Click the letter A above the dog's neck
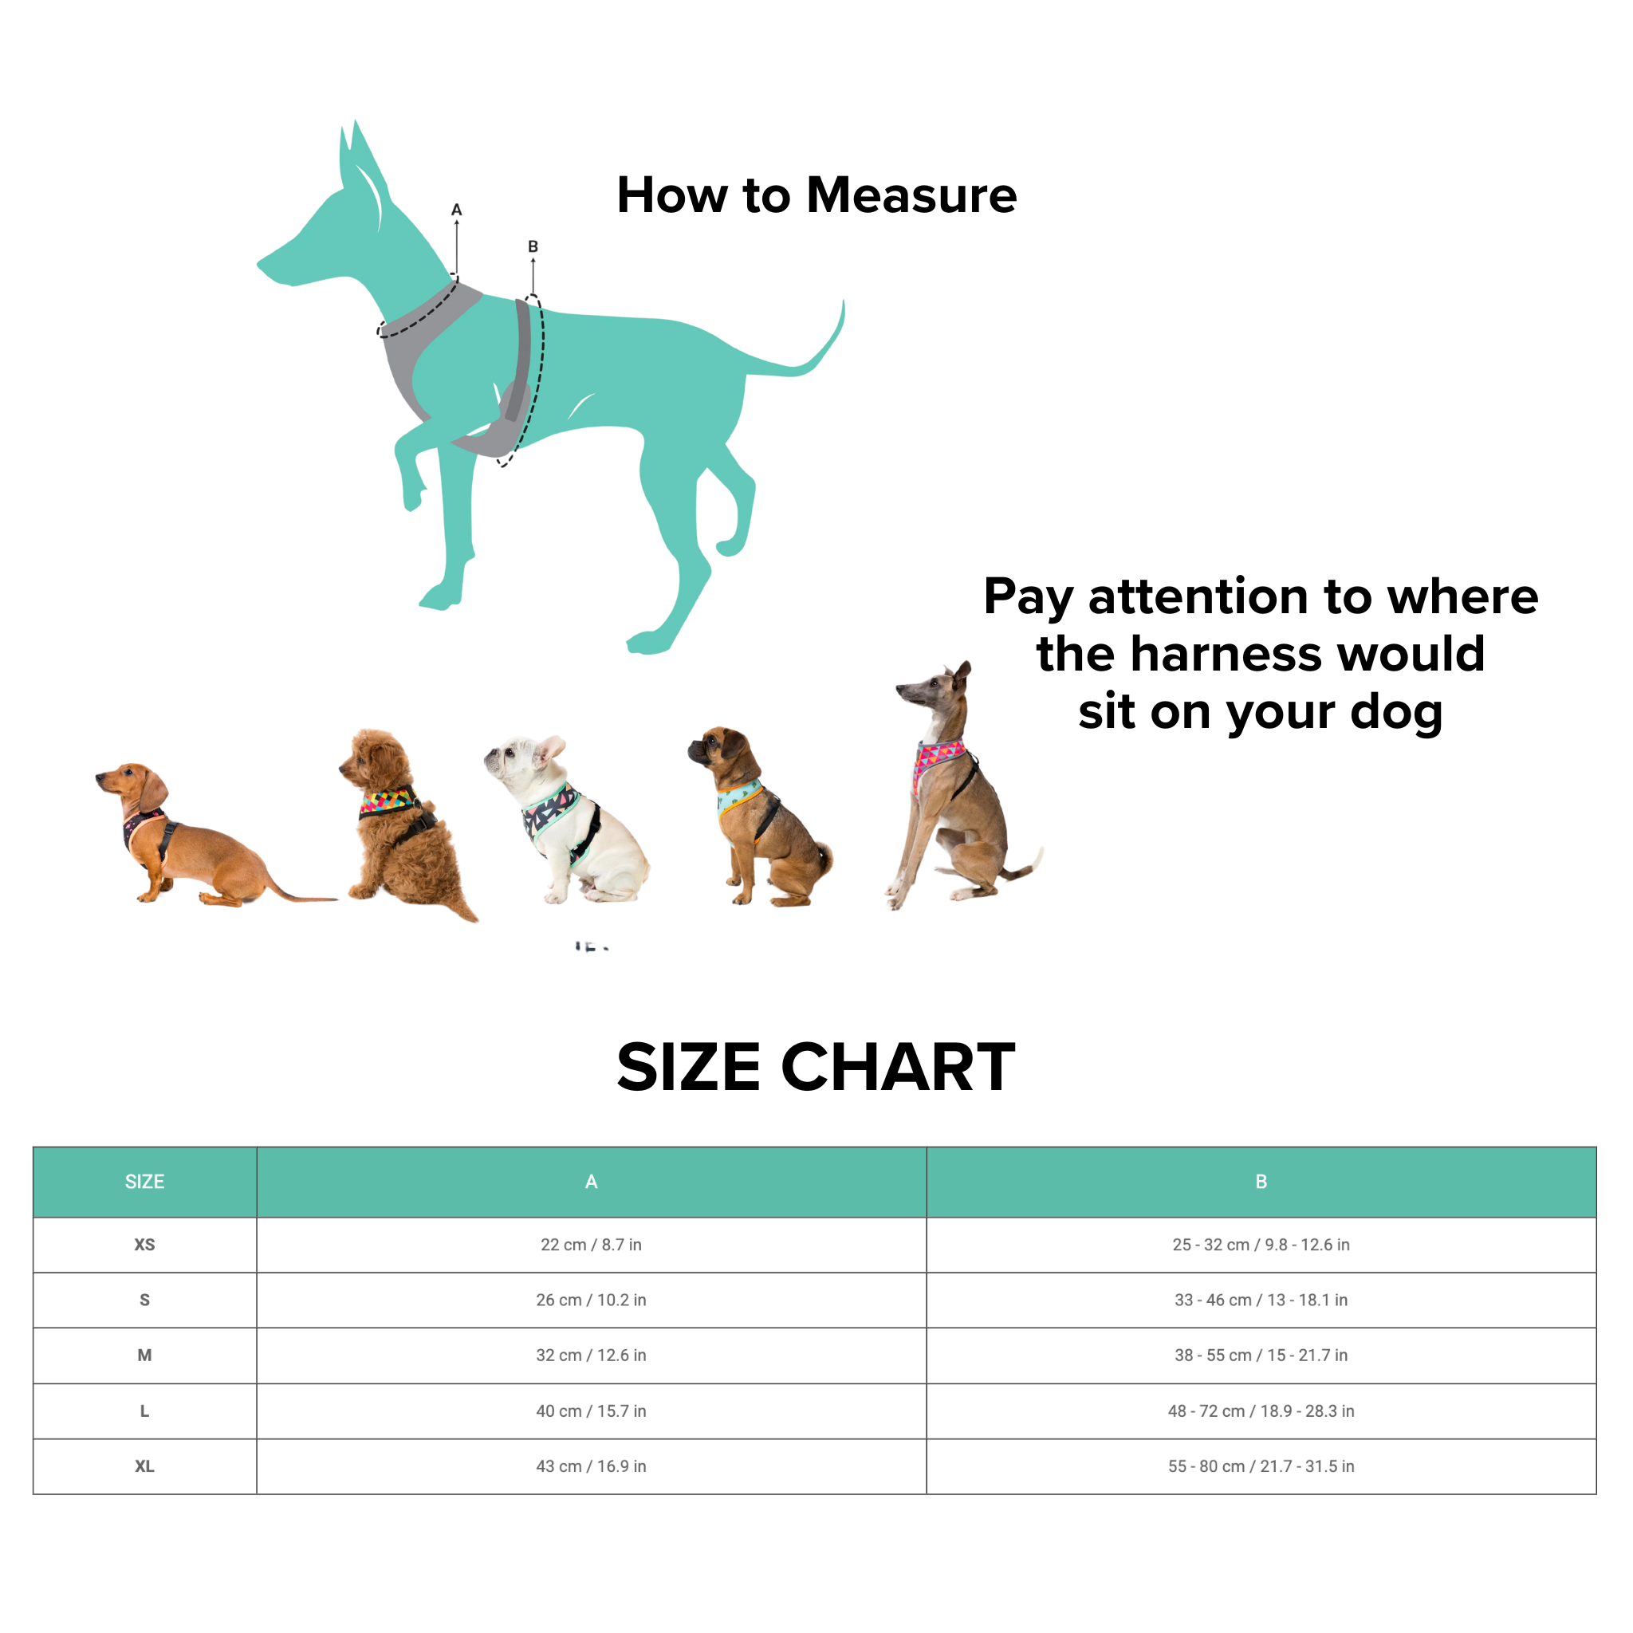click(x=456, y=210)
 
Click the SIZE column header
click(x=144, y=1182)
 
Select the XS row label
click(x=144, y=1245)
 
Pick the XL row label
click(x=144, y=1466)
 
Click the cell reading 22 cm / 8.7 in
click(x=591, y=1245)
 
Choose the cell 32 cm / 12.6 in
click(x=591, y=1355)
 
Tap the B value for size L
click(x=1261, y=1411)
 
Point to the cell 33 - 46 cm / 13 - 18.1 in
click(x=1261, y=1300)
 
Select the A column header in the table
click(x=591, y=1182)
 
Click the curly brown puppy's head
click(x=372, y=757)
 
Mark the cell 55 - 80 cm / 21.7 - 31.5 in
click(x=1261, y=1466)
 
